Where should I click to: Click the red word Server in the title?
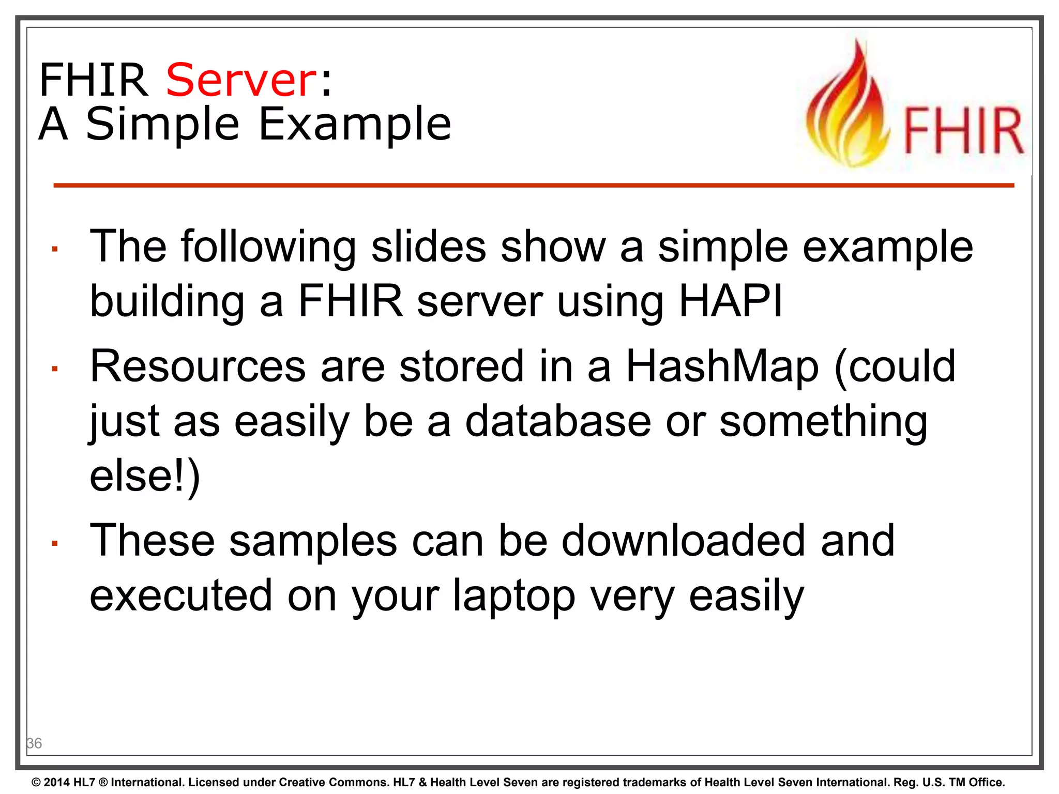point(240,80)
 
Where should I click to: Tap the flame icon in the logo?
point(848,106)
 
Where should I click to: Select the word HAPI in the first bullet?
point(730,301)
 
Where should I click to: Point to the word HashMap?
point(722,366)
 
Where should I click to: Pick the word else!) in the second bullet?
point(144,477)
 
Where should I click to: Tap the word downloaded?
point(684,541)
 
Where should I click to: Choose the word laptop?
point(514,596)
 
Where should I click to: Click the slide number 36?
point(34,743)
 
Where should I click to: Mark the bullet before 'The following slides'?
point(54,250)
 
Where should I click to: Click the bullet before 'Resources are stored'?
point(54,369)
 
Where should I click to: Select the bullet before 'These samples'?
point(54,543)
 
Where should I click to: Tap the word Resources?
point(198,366)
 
